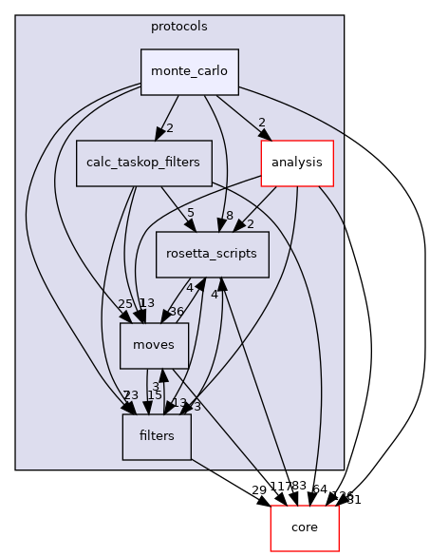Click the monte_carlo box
click(190, 72)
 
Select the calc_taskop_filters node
click(143, 163)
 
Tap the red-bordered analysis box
click(295, 163)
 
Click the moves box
click(154, 345)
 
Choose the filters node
click(157, 436)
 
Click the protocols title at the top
click(179, 26)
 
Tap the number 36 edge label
click(175, 312)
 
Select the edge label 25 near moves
click(125, 303)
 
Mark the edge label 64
click(319, 489)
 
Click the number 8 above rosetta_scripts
click(229, 215)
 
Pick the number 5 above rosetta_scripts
click(191, 213)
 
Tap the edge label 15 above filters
click(155, 394)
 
